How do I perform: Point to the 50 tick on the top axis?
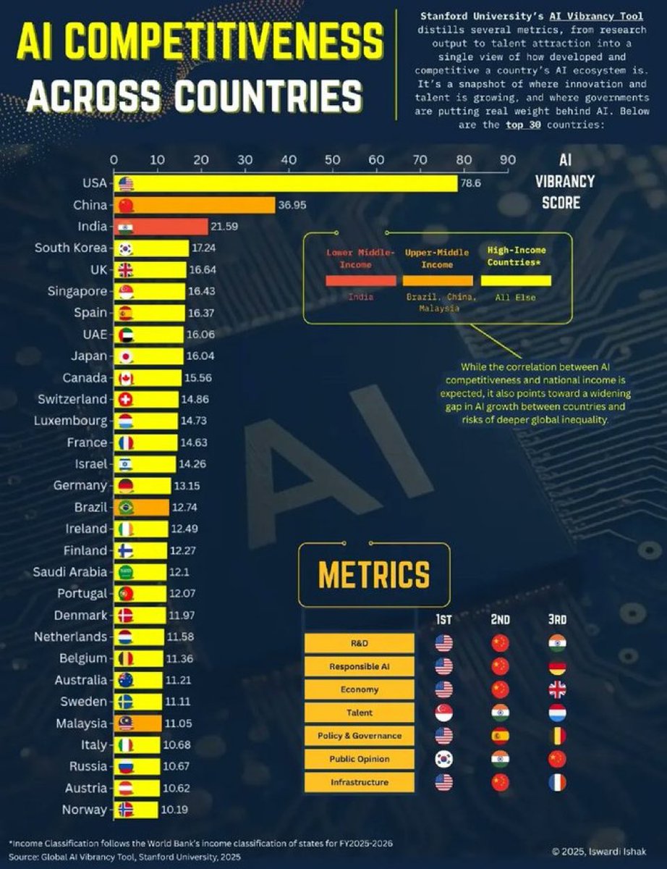[x=333, y=160]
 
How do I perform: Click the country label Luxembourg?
[x=70, y=421]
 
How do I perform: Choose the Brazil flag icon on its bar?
[x=125, y=507]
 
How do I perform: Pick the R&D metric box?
[x=360, y=643]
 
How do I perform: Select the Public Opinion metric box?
[x=360, y=759]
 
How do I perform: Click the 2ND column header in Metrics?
[x=500, y=619]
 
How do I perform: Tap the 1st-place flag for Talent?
[x=443, y=713]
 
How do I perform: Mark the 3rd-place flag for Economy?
[x=557, y=689]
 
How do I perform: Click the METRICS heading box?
[x=374, y=575]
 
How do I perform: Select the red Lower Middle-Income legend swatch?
[x=360, y=281]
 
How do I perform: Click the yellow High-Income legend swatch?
[x=516, y=280]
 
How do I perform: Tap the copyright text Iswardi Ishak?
[x=612, y=851]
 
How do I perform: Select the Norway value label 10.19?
[x=174, y=810]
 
